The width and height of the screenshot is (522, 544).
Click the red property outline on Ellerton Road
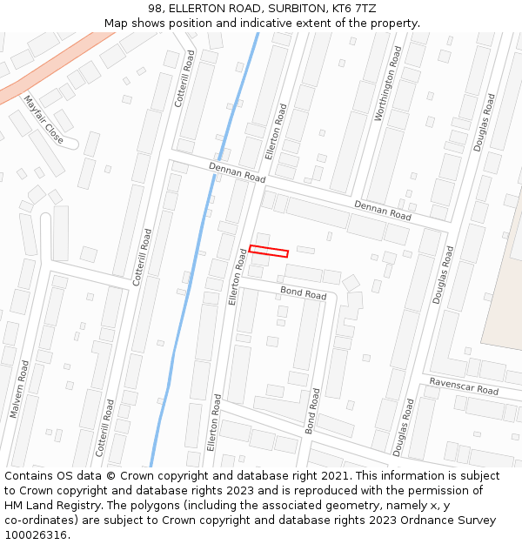point(269,252)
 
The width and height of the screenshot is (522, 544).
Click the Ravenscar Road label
point(464,386)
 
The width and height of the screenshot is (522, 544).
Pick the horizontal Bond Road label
point(303,292)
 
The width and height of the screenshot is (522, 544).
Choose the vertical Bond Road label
point(313,411)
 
